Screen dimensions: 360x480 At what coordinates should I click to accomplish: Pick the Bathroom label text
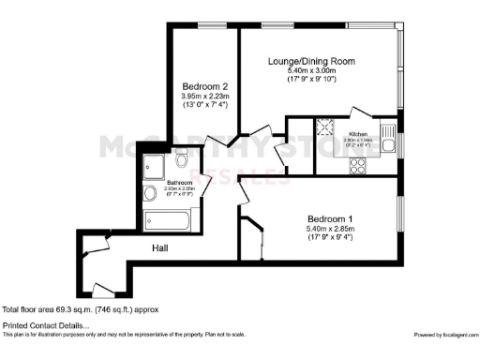point(179,182)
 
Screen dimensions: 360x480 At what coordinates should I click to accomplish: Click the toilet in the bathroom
point(182,161)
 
